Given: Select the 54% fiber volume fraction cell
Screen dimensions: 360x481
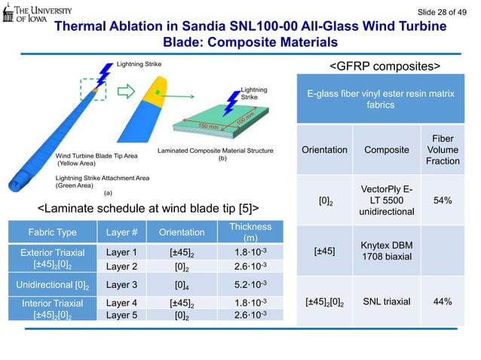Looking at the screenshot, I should (x=443, y=201).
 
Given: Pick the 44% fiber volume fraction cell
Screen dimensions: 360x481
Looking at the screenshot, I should (x=443, y=301).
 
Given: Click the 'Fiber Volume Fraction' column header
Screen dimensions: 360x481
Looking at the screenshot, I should (x=443, y=150).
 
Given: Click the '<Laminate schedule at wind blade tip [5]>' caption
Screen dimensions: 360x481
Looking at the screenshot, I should (x=149, y=206).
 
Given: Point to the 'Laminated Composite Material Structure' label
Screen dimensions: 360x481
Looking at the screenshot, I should (x=216, y=151).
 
